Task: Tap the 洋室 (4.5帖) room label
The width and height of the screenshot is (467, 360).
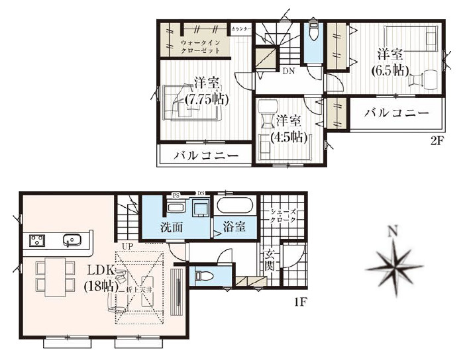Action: (x=289, y=130)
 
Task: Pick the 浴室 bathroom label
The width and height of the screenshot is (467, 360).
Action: (x=234, y=227)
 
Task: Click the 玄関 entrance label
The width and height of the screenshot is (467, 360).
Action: (x=271, y=260)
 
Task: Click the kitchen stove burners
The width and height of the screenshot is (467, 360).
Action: (x=36, y=240)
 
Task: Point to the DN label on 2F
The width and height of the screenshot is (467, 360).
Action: (x=288, y=71)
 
